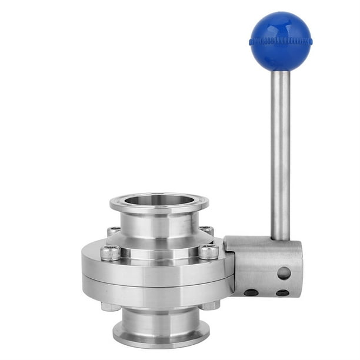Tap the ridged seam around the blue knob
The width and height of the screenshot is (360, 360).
pos(280,42)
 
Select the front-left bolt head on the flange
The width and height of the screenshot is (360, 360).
pos(110,253)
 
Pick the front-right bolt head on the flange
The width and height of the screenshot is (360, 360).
pos(208,252)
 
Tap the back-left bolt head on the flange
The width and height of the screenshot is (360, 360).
pos(114,231)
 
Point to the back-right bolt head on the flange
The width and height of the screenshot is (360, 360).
pos(206,230)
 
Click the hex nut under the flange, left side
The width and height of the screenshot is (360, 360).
pos(109,306)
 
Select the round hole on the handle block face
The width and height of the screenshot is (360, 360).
pos(284,273)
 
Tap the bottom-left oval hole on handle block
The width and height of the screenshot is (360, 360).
pos(251,292)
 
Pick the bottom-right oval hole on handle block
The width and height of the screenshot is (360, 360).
pos(282,292)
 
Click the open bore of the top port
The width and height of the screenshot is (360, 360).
pos(159,199)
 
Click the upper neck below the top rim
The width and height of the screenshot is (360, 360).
pos(159,226)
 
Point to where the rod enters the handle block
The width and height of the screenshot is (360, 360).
pos(280,238)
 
